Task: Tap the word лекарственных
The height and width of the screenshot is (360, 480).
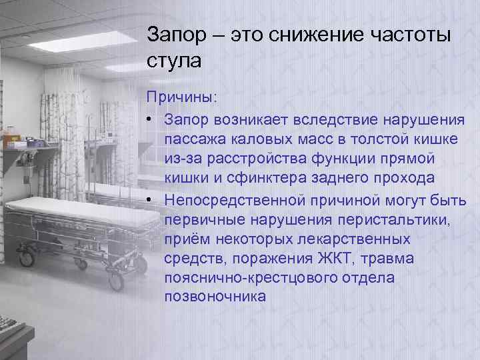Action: [x=354, y=238]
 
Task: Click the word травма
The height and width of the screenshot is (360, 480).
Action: [x=395, y=258]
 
